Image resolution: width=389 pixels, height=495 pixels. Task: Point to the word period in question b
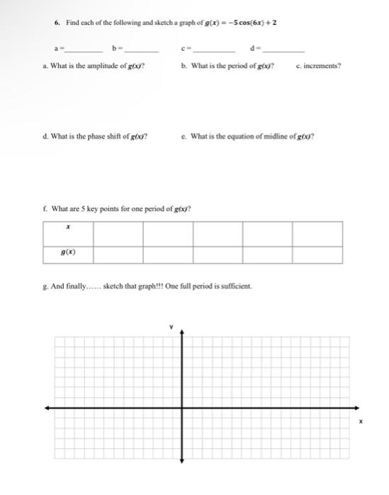pos(236,66)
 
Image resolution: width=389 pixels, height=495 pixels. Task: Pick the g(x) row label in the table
pos(68,252)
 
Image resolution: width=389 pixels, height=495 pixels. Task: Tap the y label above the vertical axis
pos(171,327)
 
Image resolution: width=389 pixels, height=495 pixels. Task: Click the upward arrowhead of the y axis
pos(181,332)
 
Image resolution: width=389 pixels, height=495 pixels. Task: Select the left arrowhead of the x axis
pos(47,408)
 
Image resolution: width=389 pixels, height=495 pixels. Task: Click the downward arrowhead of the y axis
pos(181,462)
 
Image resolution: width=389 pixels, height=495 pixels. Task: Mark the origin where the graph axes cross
pos(181,408)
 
